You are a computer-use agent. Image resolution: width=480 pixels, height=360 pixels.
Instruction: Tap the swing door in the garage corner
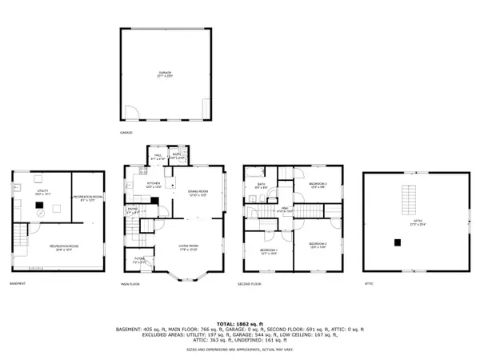pos(132,111)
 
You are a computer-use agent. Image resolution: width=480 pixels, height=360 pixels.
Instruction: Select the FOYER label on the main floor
pos(138,258)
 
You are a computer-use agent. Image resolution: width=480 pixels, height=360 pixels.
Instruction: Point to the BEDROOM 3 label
pos(318,186)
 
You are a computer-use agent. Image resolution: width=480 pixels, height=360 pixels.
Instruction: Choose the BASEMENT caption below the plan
pos(18,283)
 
